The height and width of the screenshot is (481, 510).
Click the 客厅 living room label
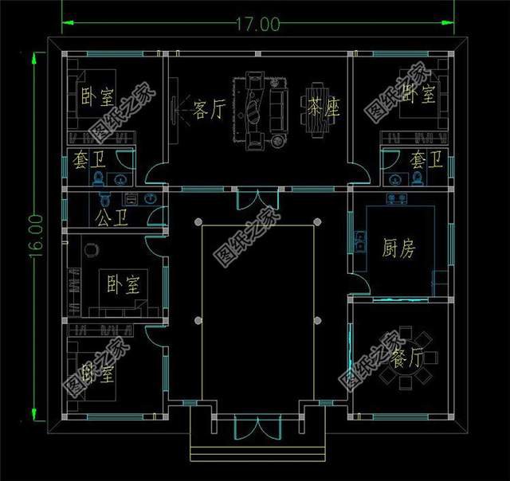click(x=210, y=111)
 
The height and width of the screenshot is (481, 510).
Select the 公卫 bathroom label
click(x=109, y=217)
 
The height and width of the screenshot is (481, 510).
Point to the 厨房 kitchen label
click(x=398, y=249)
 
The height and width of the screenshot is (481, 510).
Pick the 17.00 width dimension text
click(x=257, y=25)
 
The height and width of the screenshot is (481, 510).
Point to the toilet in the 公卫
click(x=100, y=199)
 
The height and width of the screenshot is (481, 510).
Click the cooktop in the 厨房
click(x=397, y=197)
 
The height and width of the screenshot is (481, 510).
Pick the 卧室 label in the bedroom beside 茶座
click(x=418, y=96)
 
